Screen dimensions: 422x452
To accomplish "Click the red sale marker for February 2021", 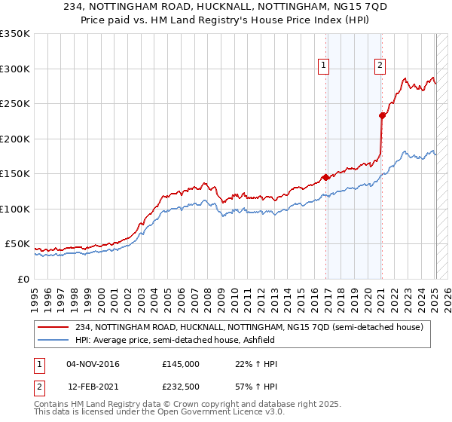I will click(x=382, y=115).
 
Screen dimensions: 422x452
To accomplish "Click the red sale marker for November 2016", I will click(x=325, y=177).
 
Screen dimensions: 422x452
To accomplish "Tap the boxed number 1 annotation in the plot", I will click(x=323, y=66).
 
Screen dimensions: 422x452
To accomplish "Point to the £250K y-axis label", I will click(x=14, y=104).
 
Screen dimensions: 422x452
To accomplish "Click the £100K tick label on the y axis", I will click(x=14, y=209).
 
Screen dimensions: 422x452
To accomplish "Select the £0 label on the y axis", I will click(x=23, y=279).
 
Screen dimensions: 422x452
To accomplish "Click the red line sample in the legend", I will click(x=54, y=327).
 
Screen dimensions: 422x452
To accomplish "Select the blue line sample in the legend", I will click(x=54, y=340).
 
